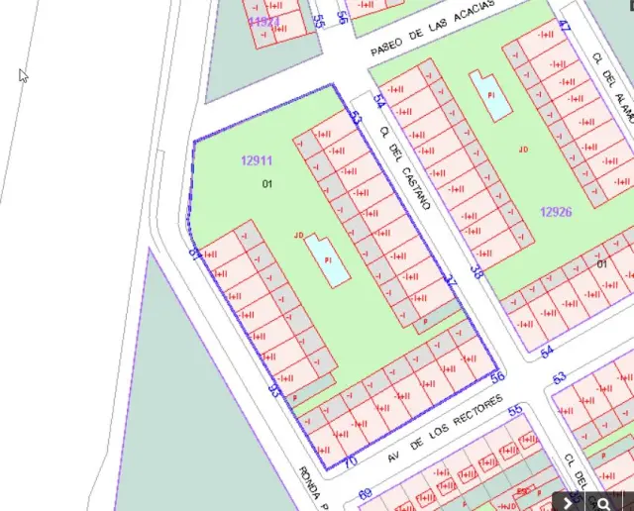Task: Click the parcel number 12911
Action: tap(256, 159)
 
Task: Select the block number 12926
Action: tap(556, 211)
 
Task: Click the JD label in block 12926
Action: tap(523, 150)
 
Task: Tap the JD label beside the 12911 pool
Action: tap(298, 235)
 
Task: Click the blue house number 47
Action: tap(565, 27)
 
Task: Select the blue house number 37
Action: tap(451, 281)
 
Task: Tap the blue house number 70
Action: tap(349, 460)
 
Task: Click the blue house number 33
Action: tap(274, 390)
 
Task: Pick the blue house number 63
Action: tap(560, 377)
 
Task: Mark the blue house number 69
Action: tap(365, 493)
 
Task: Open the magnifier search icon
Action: tap(602, 502)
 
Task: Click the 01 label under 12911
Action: tap(267, 184)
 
